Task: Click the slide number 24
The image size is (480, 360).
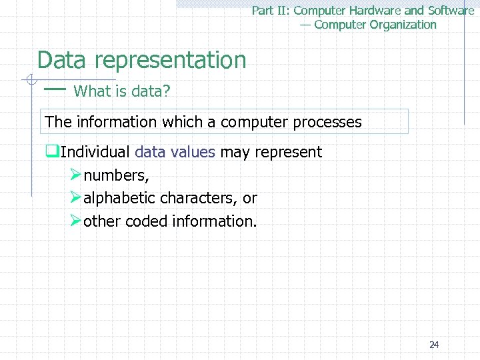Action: [434, 345]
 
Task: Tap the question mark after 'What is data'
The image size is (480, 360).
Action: [167, 91]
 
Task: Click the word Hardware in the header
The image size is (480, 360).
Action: [376, 11]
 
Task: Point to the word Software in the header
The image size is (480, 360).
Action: [450, 11]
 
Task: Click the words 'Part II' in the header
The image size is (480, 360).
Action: [268, 11]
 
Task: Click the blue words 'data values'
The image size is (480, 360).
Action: [175, 152]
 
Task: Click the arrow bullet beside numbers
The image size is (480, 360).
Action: [75, 175]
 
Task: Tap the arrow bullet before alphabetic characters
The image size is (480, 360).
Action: [75, 197]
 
